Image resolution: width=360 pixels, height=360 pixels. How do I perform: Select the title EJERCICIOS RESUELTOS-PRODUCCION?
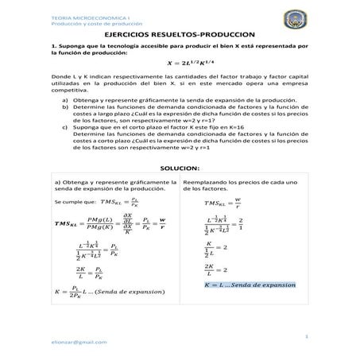(x=179, y=36)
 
